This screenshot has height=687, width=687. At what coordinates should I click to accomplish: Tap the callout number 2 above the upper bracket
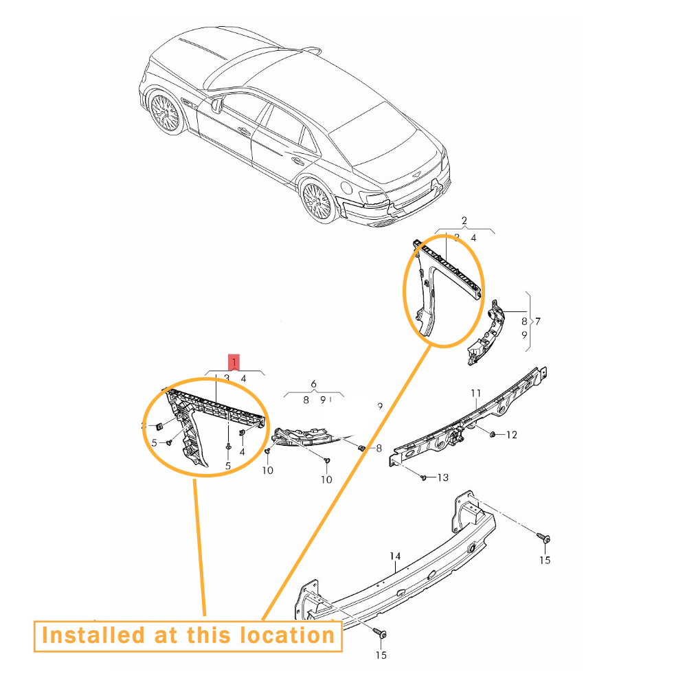tap(464, 221)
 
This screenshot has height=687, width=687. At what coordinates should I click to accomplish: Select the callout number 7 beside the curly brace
tap(538, 321)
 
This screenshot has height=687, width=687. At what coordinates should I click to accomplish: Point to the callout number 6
tap(313, 384)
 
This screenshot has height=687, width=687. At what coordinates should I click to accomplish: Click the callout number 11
tap(475, 393)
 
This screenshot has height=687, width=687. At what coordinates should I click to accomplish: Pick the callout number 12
tap(511, 435)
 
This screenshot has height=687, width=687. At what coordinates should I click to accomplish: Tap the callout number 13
tap(442, 477)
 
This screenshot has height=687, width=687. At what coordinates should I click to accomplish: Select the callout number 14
tap(394, 556)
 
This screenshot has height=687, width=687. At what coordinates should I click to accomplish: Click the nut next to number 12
tap(493, 434)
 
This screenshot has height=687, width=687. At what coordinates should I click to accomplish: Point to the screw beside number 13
tap(423, 477)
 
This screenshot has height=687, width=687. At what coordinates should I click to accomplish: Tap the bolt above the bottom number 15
tap(380, 633)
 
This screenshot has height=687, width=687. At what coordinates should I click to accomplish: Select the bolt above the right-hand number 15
tap(543, 538)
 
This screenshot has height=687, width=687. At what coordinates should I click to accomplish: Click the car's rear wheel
tap(318, 200)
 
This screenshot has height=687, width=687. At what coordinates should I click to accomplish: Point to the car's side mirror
tap(217, 105)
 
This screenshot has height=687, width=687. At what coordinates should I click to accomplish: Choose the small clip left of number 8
tap(361, 448)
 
